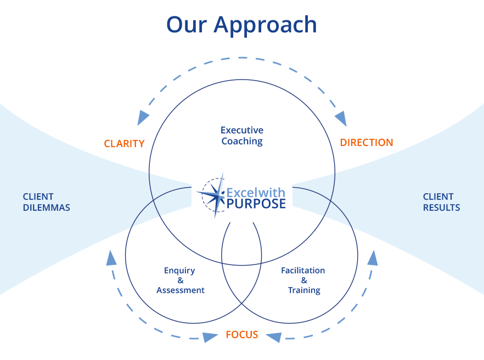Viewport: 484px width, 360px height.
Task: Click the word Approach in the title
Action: tap(266, 25)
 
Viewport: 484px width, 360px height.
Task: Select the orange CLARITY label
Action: tap(124, 144)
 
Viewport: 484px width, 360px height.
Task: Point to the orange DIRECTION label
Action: tap(367, 143)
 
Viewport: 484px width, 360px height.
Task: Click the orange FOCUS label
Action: tap(242, 335)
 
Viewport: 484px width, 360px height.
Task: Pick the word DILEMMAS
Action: tap(47, 208)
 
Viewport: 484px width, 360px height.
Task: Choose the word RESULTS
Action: tap(442, 208)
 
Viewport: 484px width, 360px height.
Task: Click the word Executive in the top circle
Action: tap(242, 130)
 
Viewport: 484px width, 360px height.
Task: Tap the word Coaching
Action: tap(242, 142)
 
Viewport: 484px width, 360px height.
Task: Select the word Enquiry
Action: tap(179, 271)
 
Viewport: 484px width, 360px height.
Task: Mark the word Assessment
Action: tap(181, 290)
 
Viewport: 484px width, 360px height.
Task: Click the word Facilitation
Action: tap(303, 271)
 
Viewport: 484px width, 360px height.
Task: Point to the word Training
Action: tap(304, 290)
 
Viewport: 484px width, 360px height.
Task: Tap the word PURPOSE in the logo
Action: tap(256, 204)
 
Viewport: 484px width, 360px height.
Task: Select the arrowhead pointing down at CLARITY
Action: tap(143, 117)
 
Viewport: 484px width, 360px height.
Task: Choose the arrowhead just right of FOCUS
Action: tap(274, 337)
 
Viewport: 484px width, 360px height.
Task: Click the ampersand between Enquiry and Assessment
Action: tap(181, 280)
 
